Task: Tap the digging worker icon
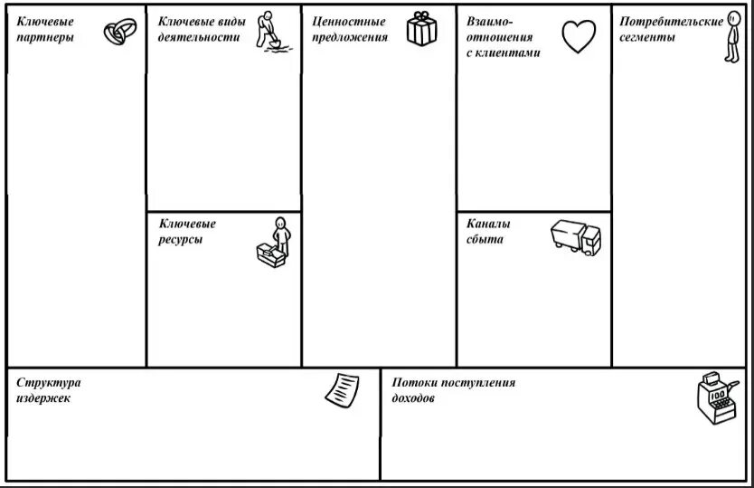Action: pyautogui.click(x=267, y=32)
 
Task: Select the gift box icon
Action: pyautogui.click(x=420, y=29)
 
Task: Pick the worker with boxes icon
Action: pyautogui.click(x=274, y=242)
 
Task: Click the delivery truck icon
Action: pyautogui.click(x=575, y=237)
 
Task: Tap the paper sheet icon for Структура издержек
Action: pyautogui.click(x=342, y=389)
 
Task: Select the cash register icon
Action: pyautogui.click(x=714, y=399)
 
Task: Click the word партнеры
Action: pyautogui.click(x=45, y=38)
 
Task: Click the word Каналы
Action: pyautogui.click(x=488, y=224)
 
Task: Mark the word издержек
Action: pyautogui.click(x=42, y=398)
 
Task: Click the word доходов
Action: pyautogui.click(x=414, y=398)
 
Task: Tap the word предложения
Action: pyautogui.click(x=351, y=38)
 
